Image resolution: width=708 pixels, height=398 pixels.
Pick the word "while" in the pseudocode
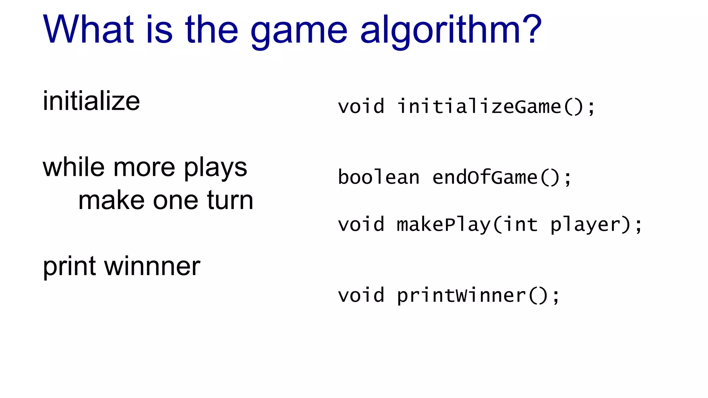[74, 167]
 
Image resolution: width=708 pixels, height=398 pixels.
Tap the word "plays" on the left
[215, 169]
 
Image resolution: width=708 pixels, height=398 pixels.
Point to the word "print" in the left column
[69, 267]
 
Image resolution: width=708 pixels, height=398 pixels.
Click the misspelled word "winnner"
[152, 267]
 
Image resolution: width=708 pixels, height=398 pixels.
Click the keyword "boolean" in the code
[379, 178]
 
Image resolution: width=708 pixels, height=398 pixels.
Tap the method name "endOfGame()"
[496, 178]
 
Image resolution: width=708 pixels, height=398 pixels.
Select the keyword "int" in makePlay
[520, 225]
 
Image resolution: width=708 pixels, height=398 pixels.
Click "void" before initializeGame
[361, 106]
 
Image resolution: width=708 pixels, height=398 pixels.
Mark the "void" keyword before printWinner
[361, 296]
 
